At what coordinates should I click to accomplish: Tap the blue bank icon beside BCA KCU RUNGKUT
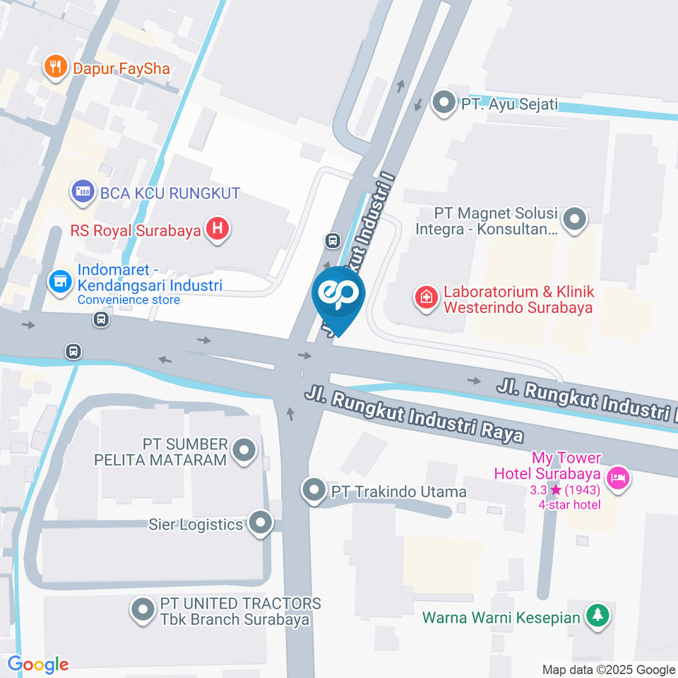tap(83, 191)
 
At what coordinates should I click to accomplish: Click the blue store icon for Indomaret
tap(60, 281)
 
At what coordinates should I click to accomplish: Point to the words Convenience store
tap(129, 299)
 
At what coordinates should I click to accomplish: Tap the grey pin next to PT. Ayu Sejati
tap(444, 102)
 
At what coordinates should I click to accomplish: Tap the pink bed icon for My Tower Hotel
tap(619, 477)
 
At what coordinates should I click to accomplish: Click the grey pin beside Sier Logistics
tap(261, 523)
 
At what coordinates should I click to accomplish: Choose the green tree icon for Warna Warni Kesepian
tap(597, 615)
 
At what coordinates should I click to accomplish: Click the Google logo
tap(38, 664)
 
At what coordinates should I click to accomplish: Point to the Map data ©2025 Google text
tap(608, 670)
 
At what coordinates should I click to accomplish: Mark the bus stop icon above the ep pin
tap(332, 241)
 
